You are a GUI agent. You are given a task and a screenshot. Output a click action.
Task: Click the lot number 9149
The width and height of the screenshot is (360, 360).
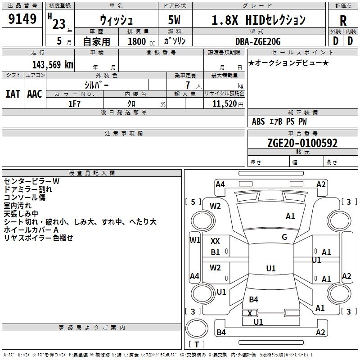pos(22,19)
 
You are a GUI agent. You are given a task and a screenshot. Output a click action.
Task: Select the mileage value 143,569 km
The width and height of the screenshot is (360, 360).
pos(53,65)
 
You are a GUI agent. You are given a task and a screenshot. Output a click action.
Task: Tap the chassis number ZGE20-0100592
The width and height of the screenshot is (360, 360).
pos(302,143)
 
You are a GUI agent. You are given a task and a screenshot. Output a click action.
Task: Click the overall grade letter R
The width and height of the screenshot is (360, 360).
pos(343,21)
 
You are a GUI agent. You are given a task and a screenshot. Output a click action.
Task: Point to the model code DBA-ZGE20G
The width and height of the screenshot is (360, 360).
pos(258,41)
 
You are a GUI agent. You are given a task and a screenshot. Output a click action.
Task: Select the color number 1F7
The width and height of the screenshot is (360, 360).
pos(74,104)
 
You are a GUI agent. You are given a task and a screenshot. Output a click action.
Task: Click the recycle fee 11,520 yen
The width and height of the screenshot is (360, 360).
pos(228,104)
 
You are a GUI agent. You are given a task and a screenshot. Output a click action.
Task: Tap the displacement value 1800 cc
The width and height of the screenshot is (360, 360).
pos(141,41)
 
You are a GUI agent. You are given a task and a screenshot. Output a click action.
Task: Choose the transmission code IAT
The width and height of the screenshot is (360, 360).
pos(13,94)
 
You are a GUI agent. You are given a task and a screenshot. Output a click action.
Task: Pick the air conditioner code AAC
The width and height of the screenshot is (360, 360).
pos(35,94)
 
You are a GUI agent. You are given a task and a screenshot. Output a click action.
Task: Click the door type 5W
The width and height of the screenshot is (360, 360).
pos(174,20)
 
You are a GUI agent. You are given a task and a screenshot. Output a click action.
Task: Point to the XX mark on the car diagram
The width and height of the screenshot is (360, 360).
pos(215,241)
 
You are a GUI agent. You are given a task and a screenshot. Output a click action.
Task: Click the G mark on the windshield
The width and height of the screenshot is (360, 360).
pos(284,237)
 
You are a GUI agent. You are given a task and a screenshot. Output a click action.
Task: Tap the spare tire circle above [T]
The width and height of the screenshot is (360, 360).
pos(197,328)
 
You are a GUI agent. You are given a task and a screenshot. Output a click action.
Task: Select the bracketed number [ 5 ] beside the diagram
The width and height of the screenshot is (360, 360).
pos(193,202)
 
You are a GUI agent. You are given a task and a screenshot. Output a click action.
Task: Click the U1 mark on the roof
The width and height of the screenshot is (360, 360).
pos(271,268)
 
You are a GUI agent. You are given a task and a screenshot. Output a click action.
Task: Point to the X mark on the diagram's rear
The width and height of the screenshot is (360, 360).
pos(250,313)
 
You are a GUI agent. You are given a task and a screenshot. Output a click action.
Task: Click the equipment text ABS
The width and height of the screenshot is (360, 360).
pos(258,121)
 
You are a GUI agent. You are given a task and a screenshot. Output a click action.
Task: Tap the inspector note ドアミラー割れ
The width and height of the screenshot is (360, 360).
pos(28,189)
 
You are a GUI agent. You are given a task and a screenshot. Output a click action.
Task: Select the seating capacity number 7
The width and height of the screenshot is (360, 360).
pos(188,85)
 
